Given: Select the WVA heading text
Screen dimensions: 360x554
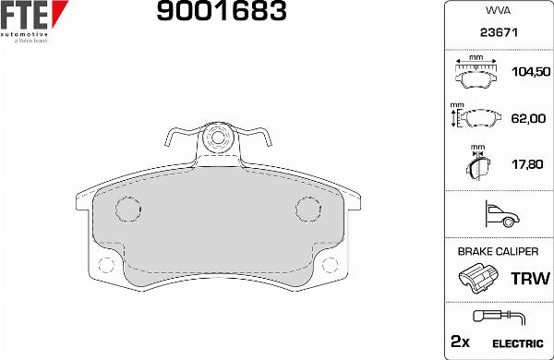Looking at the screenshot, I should point(498,11).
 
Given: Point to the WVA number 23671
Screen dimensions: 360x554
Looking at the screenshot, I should point(498,32).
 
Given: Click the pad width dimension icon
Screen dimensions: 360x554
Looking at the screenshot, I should point(477,70).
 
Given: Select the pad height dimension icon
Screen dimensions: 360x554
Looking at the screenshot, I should point(475,118).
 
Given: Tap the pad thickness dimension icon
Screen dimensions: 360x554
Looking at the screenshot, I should point(477,166).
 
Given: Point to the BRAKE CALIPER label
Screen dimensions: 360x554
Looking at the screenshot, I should point(498,251).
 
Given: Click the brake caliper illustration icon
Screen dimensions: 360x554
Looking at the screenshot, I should point(477,277).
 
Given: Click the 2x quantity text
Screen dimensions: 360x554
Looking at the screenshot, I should point(460,342).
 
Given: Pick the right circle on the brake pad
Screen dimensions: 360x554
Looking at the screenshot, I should point(307,208).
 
